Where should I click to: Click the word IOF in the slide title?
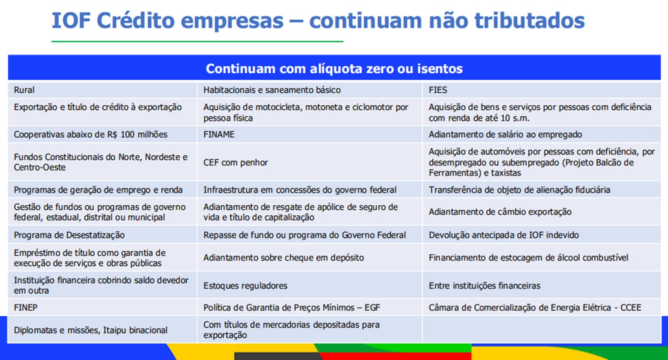coord(71,20)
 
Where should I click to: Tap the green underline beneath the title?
coord(197,41)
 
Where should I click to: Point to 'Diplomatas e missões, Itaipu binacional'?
coord(90,330)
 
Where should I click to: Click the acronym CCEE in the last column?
coord(631,307)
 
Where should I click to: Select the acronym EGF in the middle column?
coord(372,307)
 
